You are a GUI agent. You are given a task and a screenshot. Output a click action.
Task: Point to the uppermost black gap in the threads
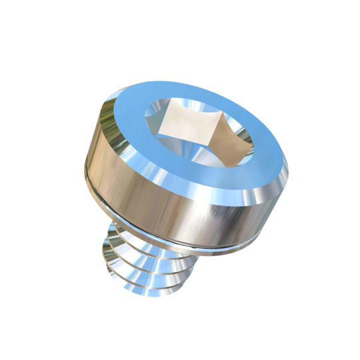113,248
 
